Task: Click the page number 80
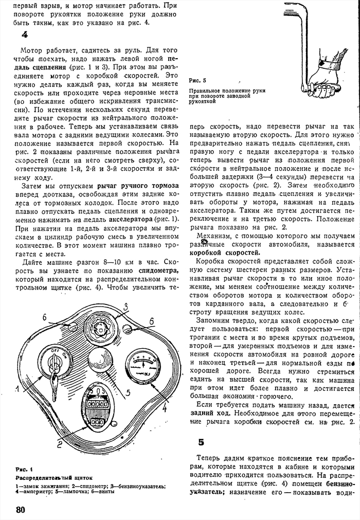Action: click(21, 510)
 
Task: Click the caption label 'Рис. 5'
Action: click(197, 81)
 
